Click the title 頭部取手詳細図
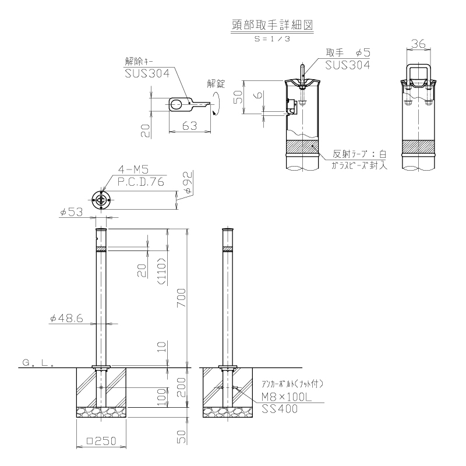(272, 25)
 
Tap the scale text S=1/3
(272, 38)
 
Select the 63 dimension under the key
(190, 126)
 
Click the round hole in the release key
(176, 105)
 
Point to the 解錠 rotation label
(216, 84)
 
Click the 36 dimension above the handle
(418, 44)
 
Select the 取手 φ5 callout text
(348, 52)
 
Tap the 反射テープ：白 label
(359, 154)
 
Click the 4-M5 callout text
(133, 170)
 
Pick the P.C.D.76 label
(141, 182)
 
